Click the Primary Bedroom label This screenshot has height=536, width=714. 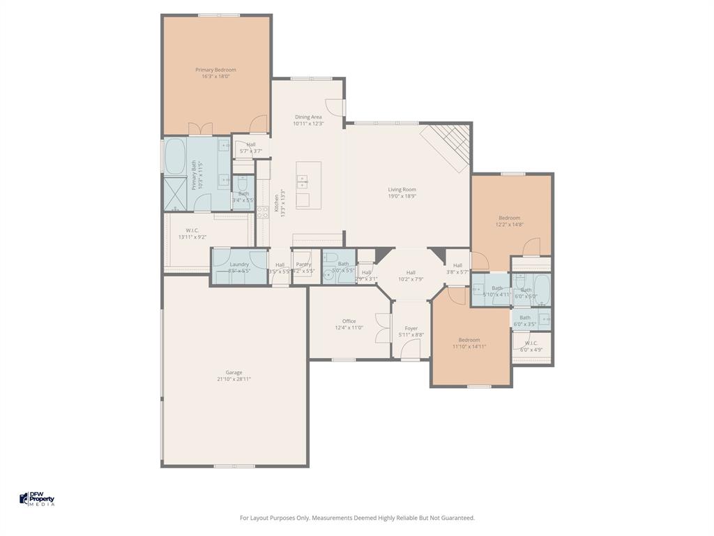coord(215,70)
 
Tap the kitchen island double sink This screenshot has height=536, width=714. coord(303,182)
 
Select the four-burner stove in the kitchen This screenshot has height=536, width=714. coord(263,213)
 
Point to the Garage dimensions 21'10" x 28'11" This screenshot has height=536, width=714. coord(234,379)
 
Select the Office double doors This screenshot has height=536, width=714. coord(382,328)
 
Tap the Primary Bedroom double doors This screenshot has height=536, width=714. coord(201,128)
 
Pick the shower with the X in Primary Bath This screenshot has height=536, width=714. coord(175,194)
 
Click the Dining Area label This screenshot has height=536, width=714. coord(308,117)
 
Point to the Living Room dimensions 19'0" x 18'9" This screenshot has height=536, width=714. coord(402,196)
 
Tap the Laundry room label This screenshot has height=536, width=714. coord(239,265)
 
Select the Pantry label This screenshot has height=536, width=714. coord(303,265)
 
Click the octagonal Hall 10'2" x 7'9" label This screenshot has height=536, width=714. coord(411,272)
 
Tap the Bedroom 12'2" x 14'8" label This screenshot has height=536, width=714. coord(509,218)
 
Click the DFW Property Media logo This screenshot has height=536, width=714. coord(37,499)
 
